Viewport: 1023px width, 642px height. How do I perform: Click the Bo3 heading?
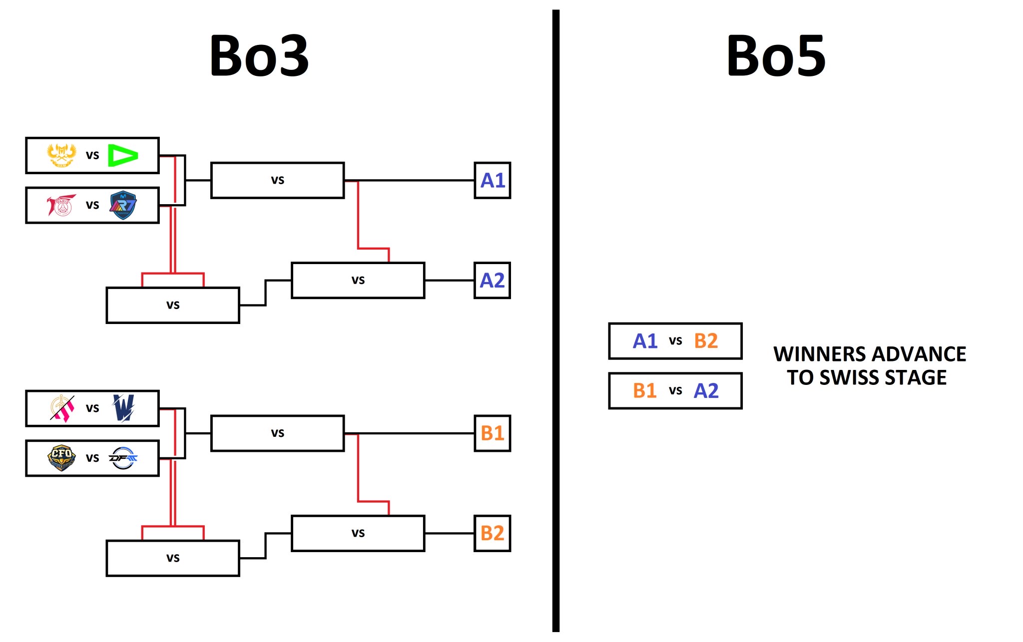pos(259,55)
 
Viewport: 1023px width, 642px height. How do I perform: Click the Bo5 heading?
pos(776,55)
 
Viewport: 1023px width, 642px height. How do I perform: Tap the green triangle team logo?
pos(122,155)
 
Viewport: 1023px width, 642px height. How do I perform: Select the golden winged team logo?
pos(61,155)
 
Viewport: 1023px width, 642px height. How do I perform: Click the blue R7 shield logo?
pos(123,205)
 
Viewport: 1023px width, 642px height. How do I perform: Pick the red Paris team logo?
pos(61,205)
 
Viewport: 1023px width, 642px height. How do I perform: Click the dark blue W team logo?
pos(123,408)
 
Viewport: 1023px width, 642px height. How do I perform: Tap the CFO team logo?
pos(61,458)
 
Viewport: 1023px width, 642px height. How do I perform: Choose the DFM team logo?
pos(123,458)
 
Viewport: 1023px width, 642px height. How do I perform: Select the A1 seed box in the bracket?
pos(492,180)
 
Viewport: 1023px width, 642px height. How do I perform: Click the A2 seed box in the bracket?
pos(492,281)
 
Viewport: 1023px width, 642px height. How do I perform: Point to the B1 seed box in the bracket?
pos(492,433)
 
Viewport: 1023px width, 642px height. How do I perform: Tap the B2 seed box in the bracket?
pos(492,533)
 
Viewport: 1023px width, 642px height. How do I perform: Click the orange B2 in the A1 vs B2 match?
pos(706,341)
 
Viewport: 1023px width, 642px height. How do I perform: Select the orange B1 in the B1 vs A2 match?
pos(644,390)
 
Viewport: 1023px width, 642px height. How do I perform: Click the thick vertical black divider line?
pos(555,320)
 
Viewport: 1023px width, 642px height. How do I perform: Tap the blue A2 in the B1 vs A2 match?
pos(706,390)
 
